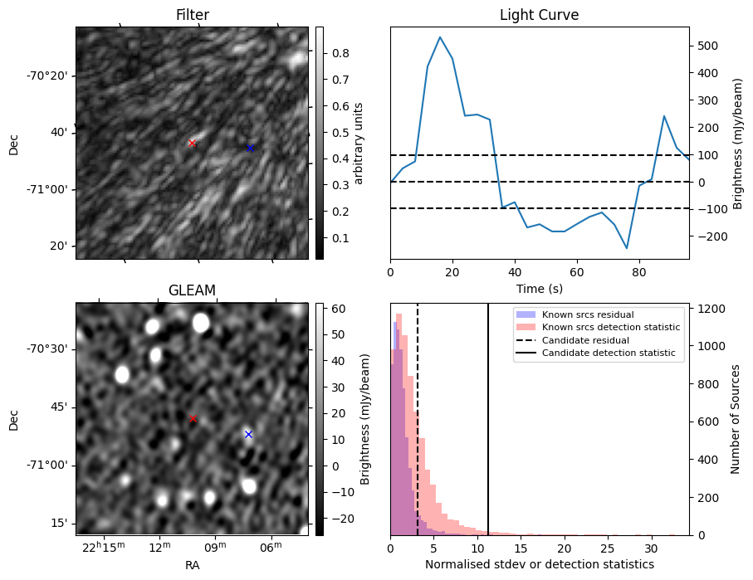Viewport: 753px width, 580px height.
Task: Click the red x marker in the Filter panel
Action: click(x=192, y=143)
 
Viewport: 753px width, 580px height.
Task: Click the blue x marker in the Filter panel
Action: click(x=250, y=148)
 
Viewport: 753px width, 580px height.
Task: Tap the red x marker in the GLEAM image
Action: click(x=193, y=419)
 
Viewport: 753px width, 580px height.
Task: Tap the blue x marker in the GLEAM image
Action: click(x=247, y=434)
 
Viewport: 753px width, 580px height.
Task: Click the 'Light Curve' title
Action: click(x=539, y=16)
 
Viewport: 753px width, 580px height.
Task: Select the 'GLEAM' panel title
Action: click(x=192, y=290)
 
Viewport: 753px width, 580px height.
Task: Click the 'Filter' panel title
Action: click(x=192, y=16)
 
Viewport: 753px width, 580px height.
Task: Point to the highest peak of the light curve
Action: click(x=440, y=37)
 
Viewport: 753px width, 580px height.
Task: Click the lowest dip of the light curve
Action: click(x=627, y=248)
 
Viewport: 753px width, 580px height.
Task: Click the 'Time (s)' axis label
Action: click(x=539, y=287)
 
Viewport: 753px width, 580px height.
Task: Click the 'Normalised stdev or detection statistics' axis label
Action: click(x=539, y=565)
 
